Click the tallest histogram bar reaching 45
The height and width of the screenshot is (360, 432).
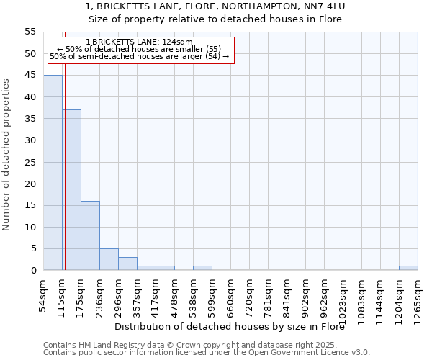click(x=53, y=173)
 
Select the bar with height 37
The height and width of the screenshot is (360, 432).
click(x=71, y=190)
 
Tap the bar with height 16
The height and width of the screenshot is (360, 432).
click(x=90, y=235)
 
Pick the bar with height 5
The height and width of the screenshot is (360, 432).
click(x=109, y=259)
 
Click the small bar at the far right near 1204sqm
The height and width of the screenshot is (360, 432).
click(x=408, y=268)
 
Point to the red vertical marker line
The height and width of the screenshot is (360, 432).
click(x=65, y=158)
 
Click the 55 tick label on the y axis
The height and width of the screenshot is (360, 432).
click(x=30, y=32)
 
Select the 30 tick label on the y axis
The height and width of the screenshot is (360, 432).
click(x=30, y=140)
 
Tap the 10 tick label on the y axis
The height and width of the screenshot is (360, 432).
click(x=30, y=227)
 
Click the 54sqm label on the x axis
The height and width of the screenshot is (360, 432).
click(x=44, y=294)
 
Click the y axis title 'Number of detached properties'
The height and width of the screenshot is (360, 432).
click(x=7, y=155)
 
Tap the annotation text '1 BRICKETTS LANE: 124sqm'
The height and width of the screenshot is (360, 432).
click(x=139, y=42)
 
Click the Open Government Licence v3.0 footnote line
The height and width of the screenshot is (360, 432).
click(x=207, y=353)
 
